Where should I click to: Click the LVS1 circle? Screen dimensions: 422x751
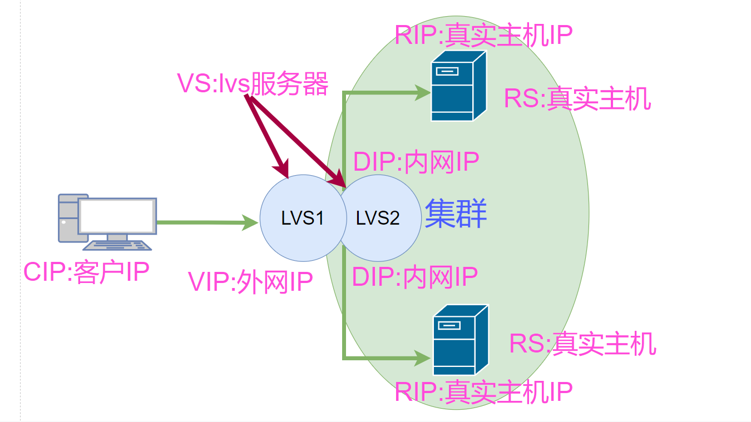[x=298, y=218]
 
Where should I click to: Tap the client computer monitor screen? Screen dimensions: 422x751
[x=117, y=216]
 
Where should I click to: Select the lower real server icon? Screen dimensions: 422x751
[x=460, y=340]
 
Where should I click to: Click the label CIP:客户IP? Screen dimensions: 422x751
[x=86, y=272]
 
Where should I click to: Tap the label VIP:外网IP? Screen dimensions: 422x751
[x=250, y=282]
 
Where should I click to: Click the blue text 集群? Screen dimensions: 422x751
[x=456, y=215]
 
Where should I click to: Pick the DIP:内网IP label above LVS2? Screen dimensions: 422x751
[x=416, y=162]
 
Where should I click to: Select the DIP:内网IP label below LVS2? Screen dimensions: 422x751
[x=415, y=277]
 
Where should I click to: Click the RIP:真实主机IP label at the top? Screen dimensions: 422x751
[x=483, y=34]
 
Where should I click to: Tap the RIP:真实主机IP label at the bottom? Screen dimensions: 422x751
[x=483, y=391]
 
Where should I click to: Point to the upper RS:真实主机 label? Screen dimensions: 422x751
[x=577, y=100]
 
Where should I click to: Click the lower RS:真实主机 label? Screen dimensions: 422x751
[x=582, y=344]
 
